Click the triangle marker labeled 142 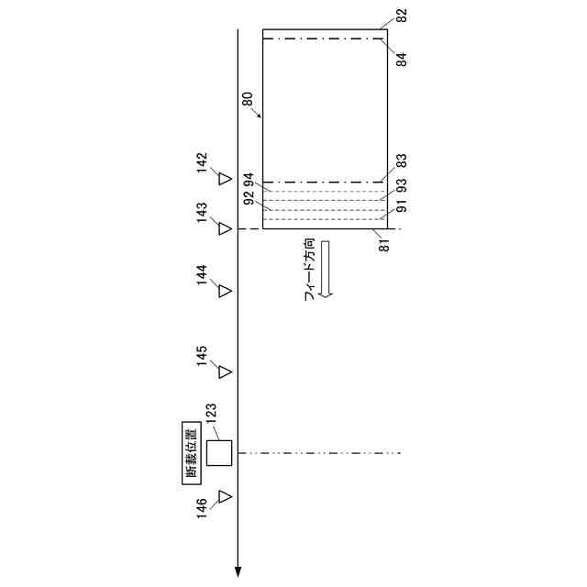tap(225, 179)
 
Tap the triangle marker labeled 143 tap(225, 228)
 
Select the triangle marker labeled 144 tap(225, 291)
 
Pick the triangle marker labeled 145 tap(225, 371)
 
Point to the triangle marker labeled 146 tap(225, 497)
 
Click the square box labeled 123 tap(219, 453)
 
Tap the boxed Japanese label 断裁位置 tap(192, 453)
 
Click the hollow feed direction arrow tap(326, 269)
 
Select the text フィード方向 tap(310, 270)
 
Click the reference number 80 tap(248, 99)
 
